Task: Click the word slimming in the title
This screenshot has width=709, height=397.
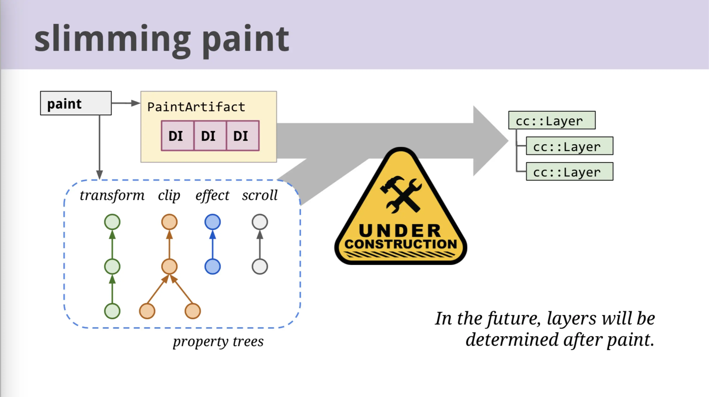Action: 113,39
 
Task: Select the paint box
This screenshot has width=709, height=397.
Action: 76,103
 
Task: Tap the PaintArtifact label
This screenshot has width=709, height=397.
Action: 196,107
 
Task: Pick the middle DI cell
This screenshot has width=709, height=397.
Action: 210,136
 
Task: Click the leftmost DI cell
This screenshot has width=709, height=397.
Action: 177,136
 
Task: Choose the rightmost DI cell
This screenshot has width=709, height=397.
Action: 243,136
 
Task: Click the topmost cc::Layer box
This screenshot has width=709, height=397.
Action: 552,120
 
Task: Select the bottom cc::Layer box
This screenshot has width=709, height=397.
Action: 569,171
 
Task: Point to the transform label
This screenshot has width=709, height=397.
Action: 112,195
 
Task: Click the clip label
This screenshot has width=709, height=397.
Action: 169,196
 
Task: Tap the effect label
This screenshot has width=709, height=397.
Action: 212,196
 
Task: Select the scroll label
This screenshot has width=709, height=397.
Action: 260,195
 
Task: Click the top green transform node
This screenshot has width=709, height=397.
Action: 112,222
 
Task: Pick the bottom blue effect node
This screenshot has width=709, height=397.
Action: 212,267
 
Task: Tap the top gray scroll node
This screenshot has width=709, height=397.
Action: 260,222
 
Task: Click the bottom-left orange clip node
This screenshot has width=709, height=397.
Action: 147,311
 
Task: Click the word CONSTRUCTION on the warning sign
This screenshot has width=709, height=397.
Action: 401,244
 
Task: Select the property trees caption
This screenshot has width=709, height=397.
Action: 218,342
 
